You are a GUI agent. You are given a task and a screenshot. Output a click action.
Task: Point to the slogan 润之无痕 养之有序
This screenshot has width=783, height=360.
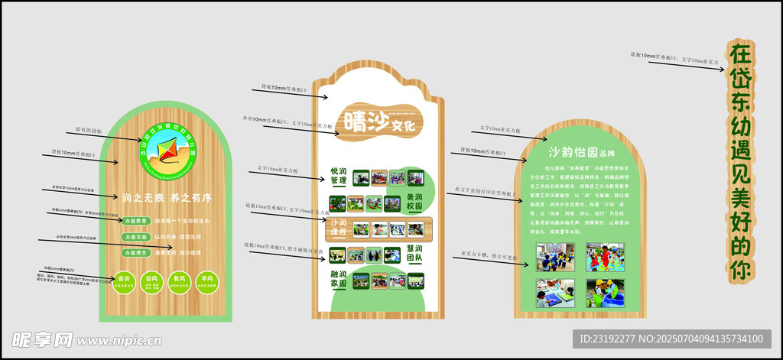pos(167,198)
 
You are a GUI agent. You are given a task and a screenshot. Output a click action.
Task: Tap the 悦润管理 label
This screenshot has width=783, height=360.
pos(339,177)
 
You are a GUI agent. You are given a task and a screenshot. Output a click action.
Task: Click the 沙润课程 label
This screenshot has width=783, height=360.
pos(339,228)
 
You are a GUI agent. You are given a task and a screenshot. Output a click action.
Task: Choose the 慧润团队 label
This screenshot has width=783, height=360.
pos(415,254)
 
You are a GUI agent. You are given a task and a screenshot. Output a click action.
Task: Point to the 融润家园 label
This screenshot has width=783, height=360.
pos(339,278)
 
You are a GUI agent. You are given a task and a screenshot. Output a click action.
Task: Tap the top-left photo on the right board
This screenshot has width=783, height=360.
pos(555,257)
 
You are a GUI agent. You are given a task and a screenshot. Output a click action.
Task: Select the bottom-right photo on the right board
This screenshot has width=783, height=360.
pos(605,293)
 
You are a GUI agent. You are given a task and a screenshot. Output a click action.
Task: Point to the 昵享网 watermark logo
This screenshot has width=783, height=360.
pos(42,339)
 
